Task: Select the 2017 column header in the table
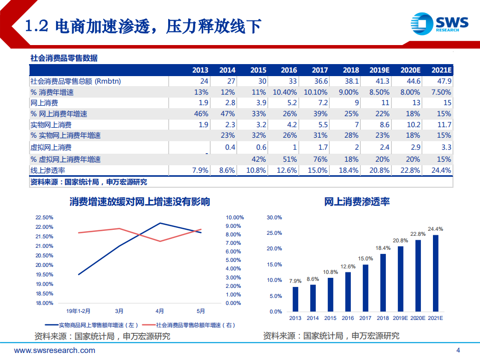(x=320, y=70)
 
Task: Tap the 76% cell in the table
(x=320, y=159)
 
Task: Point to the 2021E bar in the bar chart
(x=435, y=273)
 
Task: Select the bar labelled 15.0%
(x=365, y=287)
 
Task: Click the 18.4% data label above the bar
(x=383, y=248)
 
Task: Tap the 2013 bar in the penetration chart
(x=295, y=299)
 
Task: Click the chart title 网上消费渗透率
(x=357, y=202)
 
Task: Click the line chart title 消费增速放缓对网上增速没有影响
(x=140, y=202)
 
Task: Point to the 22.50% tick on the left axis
(x=44, y=218)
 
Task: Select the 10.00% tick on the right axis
(x=235, y=218)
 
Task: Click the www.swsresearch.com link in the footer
(x=55, y=350)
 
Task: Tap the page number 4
(x=457, y=350)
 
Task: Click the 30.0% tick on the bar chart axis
(x=275, y=218)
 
